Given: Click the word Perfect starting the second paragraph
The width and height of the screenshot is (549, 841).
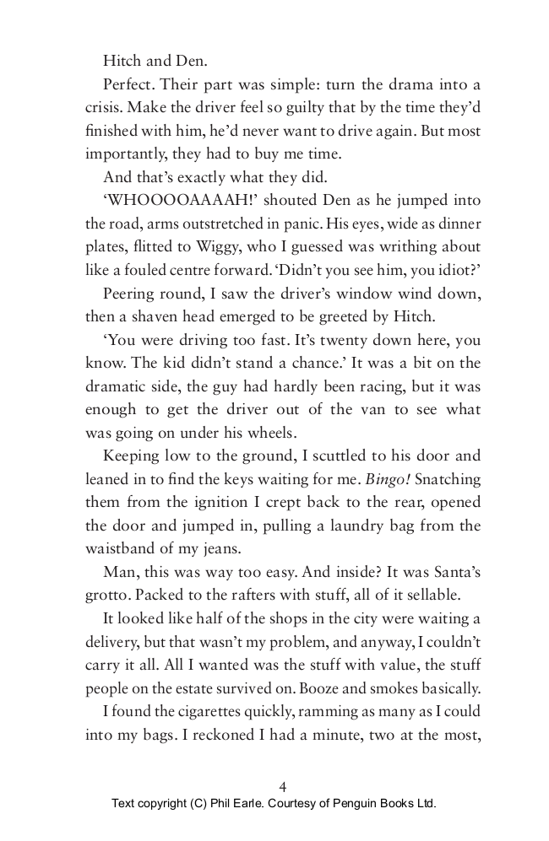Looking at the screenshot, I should [128, 84].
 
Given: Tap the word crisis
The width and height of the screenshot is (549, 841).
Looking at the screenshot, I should [104, 108].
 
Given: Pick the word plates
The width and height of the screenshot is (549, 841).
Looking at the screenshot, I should [105, 246].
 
